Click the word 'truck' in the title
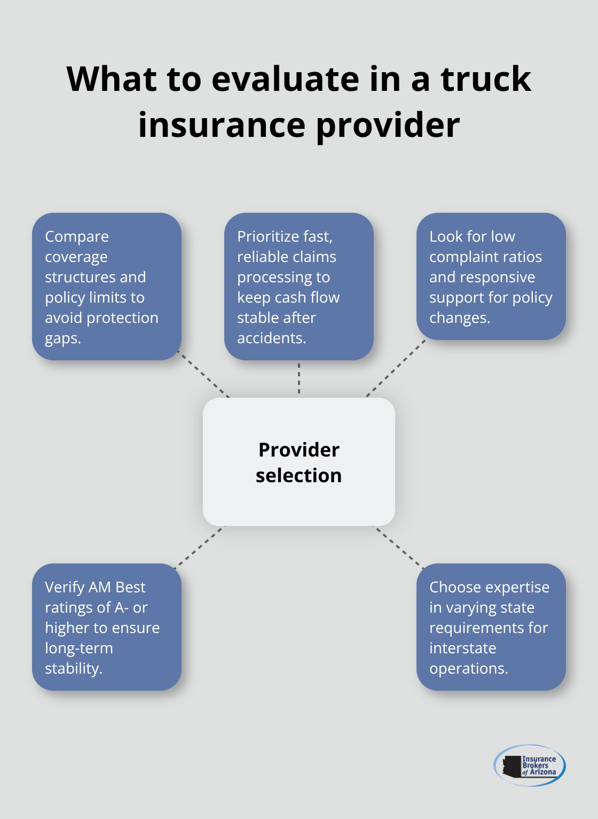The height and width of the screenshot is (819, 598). [485, 79]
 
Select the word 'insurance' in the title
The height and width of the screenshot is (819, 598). [222, 125]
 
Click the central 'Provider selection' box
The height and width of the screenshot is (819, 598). [299, 462]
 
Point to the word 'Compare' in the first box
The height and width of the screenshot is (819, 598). [77, 236]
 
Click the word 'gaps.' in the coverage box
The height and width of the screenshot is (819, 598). [63, 338]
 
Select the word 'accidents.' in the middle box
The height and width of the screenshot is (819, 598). [271, 338]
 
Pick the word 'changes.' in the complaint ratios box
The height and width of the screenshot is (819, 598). [459, 318]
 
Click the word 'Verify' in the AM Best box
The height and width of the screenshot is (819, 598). [65, 587]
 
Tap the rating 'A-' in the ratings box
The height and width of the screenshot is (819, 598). [121, 607]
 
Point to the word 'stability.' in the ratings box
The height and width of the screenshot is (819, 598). [73, 668]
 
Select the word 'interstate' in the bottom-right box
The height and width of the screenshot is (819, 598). [462, 648]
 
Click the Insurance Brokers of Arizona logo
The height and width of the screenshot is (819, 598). [529, 765]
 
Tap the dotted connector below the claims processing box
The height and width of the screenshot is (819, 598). [299, 378]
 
